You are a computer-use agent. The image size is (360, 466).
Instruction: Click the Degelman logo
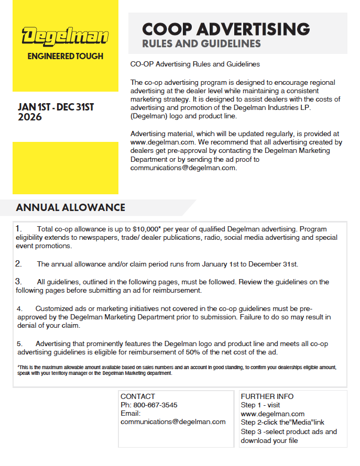(65, 37)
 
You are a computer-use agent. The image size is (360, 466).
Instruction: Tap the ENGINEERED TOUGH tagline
(65, 56)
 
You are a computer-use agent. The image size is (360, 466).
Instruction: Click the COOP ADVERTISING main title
(226, 29)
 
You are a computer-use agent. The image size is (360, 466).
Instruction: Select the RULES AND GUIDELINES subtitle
(201, 43)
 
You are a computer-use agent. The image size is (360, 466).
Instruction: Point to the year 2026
(30, 117)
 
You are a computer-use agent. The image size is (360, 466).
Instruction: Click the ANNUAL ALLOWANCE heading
(71, 207)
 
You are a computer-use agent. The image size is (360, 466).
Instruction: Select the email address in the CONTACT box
(173, 421)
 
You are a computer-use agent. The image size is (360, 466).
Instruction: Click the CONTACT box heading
(138, 396)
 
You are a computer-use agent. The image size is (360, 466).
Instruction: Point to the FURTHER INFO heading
(267, 396)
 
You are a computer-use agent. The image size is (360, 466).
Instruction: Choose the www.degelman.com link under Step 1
(272, 414)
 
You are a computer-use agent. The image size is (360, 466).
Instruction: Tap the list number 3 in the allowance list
(18, 282)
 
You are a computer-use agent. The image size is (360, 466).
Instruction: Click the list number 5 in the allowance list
(19, 343)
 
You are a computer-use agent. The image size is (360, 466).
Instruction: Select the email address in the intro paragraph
(183, 168)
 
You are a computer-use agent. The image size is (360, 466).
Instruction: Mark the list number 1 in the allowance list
(18, 229)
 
